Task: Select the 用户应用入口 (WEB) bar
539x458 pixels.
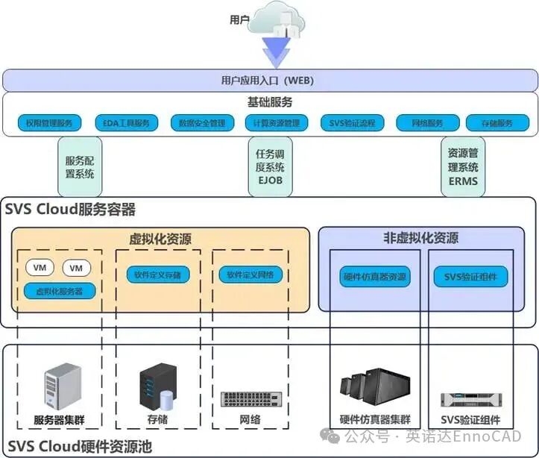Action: click(x=269, y=80)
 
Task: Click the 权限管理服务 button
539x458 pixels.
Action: click(x=48, y=123)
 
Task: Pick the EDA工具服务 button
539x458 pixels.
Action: click(x=127, y=123)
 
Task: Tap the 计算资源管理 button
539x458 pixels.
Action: click(x=276, y=123)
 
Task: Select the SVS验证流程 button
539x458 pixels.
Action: click(x=352, y=123)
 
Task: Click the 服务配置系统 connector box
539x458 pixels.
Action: click(x=80, y=167)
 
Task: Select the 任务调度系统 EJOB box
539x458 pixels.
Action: click(x=270, y=167)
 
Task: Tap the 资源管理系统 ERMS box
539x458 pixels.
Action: click(x=463, y=167)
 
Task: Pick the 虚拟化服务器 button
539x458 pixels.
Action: click(x=59, y=291)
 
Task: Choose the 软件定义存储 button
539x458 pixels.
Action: click(x=157, y=275)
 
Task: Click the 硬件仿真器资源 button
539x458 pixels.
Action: click(x=374, y=276)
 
